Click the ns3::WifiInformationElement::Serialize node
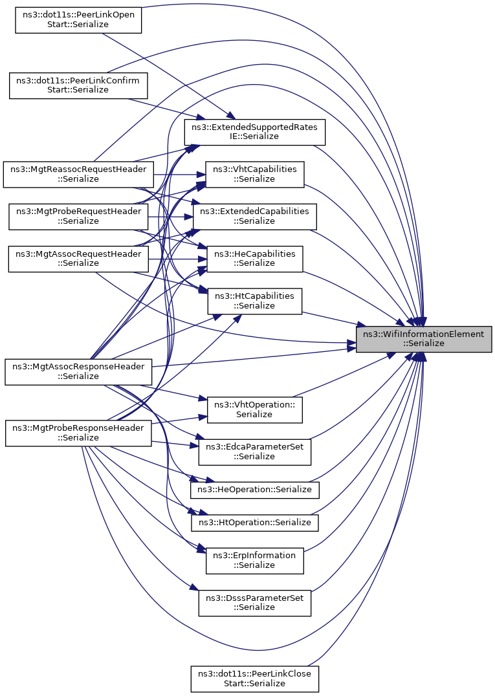coord(424,339)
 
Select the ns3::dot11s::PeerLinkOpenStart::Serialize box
coord(78,19)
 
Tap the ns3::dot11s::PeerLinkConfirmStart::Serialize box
coord(78,85)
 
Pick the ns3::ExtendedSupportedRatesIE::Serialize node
coord(254,132)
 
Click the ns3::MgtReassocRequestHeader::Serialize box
coord(78,175)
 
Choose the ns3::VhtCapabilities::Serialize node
coord(254,174)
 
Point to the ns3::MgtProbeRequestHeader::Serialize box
coord(78,217)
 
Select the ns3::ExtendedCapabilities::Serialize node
coord(254,217)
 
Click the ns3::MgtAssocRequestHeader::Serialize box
coord(78,259)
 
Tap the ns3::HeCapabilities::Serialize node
coord(254,259)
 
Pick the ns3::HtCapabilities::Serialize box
coord(254,301)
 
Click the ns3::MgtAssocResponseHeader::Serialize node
coord(78,371)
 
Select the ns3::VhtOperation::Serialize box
coord(254,409)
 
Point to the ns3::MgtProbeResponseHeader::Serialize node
coord(78,433)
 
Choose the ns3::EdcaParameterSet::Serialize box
coord(254,452)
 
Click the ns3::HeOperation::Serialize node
coord(254,490)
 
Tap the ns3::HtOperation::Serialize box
coord(254,523)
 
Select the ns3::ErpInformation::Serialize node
coord(254,561)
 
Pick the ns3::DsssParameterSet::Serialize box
coord(254,603)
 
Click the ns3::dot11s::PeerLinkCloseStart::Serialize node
coord(254,679)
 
